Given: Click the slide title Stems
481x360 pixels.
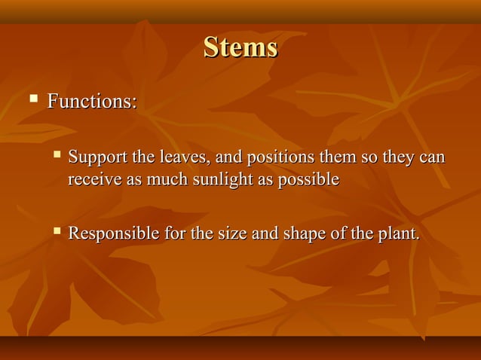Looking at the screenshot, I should tap(240, 48).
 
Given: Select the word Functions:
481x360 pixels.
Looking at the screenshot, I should tap(92, 100).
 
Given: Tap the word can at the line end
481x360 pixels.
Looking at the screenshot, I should tap(432, 159).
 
